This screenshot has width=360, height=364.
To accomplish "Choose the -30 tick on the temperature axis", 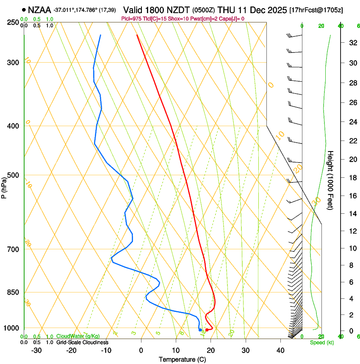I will [36, 350].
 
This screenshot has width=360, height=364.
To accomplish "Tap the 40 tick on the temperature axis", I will [280, 350].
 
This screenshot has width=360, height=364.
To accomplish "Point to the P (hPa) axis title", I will [4, 186].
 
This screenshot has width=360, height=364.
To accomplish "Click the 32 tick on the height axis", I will [352, 43].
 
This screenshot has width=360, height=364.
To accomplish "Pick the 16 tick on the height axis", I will [352, 196].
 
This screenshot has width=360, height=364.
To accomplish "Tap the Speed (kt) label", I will [321, 342].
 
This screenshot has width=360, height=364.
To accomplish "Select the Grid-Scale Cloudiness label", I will [82, 342].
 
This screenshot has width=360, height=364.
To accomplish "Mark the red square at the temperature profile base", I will [206, 330].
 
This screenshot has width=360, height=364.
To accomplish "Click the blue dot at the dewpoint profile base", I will [200, 330].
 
